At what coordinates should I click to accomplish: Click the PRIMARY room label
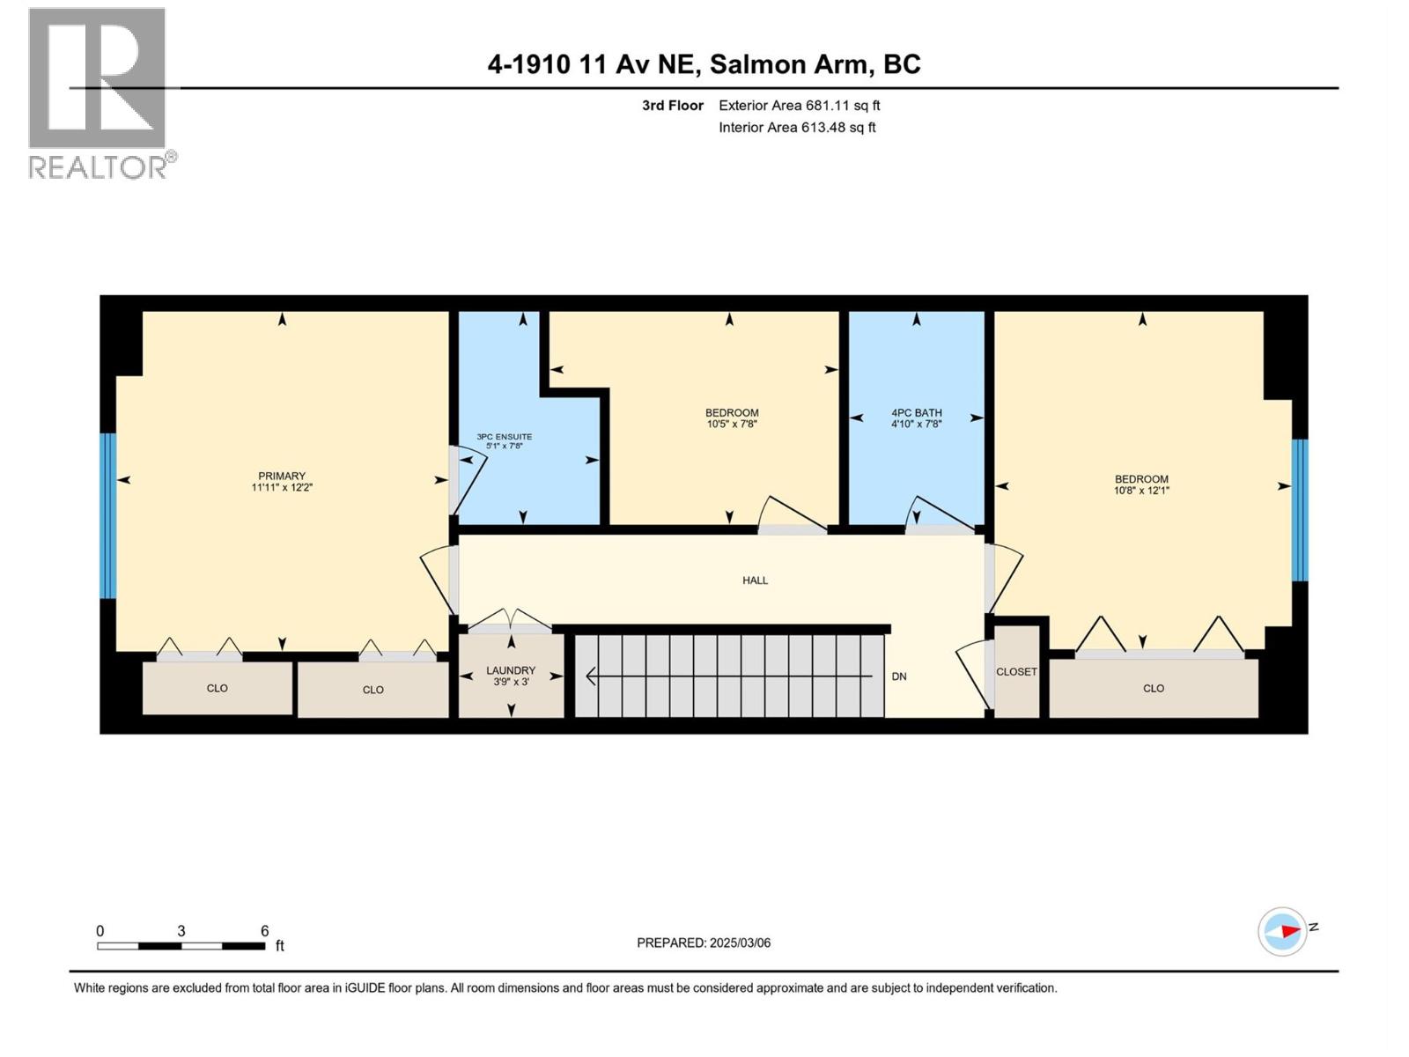click(x=281, y=476)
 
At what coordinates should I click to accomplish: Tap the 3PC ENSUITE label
click(x=504, y=437)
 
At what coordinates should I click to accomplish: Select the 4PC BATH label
click(x=916, y=412)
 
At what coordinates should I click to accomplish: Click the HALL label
click(x=755, y=580)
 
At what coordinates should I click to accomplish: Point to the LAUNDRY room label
click(x=511, y=670)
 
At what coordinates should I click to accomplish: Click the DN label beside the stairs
click(x=899, y=676)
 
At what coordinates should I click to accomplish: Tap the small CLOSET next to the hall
click(x=1016, y=671)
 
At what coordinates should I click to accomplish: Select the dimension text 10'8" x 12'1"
click(x=1141, y=491)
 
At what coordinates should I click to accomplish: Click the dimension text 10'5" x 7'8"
click(x=731, y=424)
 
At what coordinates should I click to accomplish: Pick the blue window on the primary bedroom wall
click(x=107, y=515)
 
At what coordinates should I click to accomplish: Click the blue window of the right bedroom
click(x=1300, y=510)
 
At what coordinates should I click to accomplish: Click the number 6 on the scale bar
click(x=264, y=931)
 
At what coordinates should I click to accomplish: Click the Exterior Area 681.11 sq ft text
click(x=799, y=106)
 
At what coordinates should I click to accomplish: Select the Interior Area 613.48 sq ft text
click(x=797, y=128)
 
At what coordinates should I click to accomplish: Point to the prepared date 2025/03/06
click(x=740, y=942)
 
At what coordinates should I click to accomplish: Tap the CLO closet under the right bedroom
click(x=1153, y=688)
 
